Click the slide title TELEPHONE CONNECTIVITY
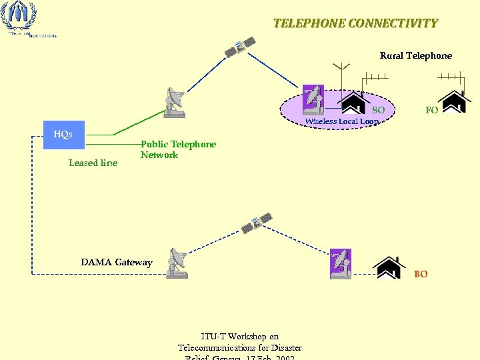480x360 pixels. point(355,23)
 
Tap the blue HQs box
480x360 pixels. point(63,134)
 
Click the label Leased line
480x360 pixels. point(93,163)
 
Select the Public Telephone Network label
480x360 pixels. point(178,149)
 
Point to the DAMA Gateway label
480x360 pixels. point(117,262)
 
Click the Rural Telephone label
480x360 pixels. point(415,55)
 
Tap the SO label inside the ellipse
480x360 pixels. point(378,109)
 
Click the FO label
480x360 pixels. point(431,110)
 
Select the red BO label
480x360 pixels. point(421,274)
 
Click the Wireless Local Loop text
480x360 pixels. point(341,121)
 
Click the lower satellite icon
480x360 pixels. point(257,223)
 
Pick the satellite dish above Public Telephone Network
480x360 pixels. point(175,103)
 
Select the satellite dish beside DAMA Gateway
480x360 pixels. point(178,263)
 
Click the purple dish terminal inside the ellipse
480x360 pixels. point(313,99)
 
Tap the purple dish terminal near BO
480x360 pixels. point(341,264)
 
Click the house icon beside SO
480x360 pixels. point(354,103)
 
